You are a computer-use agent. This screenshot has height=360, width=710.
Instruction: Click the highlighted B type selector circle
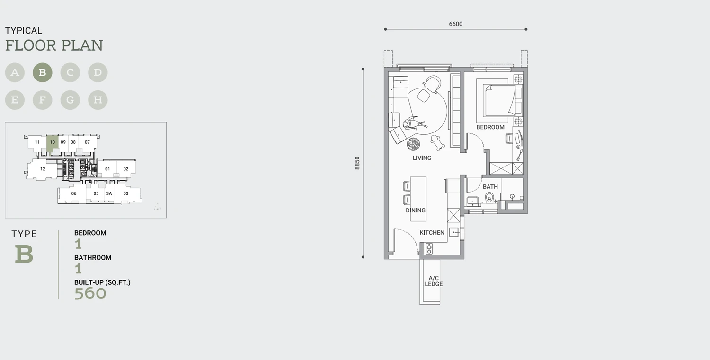[43, 72]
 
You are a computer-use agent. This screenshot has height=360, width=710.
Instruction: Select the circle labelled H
[98, 100]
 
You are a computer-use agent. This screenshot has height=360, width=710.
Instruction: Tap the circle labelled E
[15, 100]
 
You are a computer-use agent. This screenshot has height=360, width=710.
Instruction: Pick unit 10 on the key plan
[52, 142]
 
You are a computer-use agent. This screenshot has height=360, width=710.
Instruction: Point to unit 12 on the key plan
[43, 169]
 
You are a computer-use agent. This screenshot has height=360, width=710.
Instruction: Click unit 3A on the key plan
[109, 193]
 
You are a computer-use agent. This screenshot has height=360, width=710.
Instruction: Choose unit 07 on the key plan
[87, 142]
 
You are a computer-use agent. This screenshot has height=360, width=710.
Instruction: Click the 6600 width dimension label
[455, 24]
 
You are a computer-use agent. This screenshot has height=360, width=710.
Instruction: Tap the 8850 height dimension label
[357, 163]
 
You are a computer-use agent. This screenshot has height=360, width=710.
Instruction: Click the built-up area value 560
[90, 293]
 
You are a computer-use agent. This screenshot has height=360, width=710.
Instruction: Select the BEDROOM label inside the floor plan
[490, 127]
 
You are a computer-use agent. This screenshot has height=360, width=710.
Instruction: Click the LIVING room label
[422, 158]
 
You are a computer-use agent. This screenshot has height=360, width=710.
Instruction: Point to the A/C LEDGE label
[434, 281]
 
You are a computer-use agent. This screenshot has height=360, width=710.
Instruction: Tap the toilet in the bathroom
[489, 198]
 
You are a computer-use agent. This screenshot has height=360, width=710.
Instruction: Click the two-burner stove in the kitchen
[429, 249]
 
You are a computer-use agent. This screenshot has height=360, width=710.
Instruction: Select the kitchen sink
[454, 232]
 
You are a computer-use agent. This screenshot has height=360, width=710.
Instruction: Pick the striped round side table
[413, 144]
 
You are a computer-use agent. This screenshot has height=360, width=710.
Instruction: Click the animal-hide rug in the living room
[438, 142]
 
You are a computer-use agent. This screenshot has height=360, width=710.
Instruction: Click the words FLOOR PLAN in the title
[54, 45]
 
